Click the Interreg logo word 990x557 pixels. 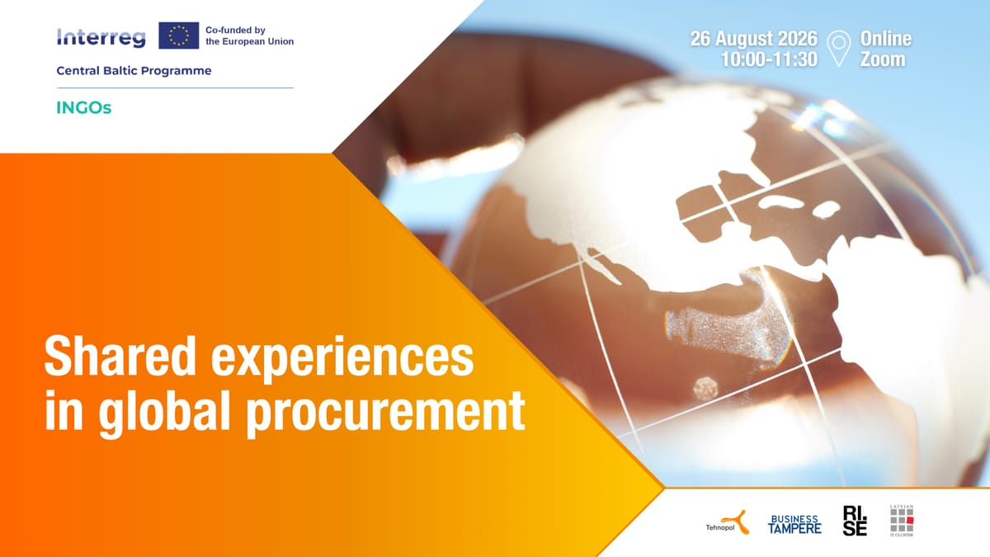click(x=101, y=38)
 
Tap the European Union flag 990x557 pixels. click(x=178, y=35)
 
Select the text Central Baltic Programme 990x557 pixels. click(x=134, y=71)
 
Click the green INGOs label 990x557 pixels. click(x=83, y=108)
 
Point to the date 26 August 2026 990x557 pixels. click(x=753, y=39)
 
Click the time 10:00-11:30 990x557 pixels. click(x=769, y=59)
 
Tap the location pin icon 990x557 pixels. click(x=838, y=49)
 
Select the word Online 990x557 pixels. click(x=885, y=39)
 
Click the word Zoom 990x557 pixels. click(x=882, y=59)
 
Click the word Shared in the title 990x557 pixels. click(x=120, y=356)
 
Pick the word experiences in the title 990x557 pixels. click(x=342, y=359)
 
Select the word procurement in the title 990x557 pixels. click(x=386, y=413)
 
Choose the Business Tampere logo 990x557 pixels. click(x=794, y=524)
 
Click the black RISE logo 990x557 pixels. click(x=855, y=521)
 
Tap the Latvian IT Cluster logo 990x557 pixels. click(x=902, y=521)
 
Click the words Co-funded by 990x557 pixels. click(x=235, y=30)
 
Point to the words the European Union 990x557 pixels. click(x=250, y=41)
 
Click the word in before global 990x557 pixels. click(x=64, y=409)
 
